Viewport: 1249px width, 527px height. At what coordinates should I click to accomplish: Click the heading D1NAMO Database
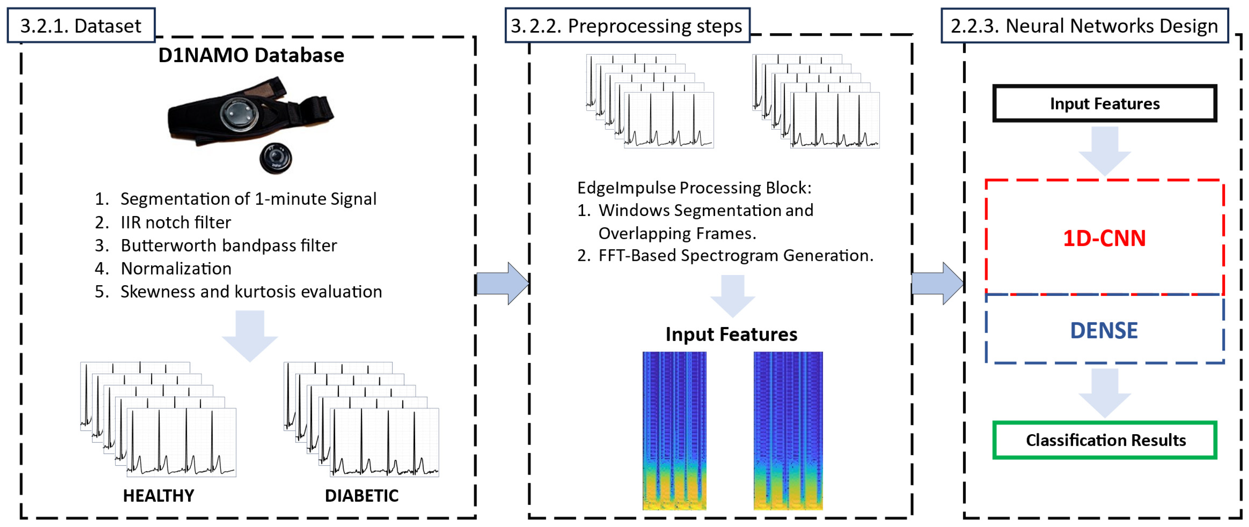tap(251, 55)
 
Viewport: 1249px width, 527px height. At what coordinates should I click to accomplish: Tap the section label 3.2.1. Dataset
tap(81, 26)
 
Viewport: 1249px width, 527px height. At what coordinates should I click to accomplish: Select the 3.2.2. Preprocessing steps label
tap(627, 26)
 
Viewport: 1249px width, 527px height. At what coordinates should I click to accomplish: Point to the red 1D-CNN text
tap(1104, 238)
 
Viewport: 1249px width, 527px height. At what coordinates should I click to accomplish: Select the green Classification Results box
tap(1104, 440)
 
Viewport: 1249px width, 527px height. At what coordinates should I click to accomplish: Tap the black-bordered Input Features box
tap(1104, 104)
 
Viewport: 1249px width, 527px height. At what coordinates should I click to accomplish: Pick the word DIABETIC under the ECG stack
tap(361, 496)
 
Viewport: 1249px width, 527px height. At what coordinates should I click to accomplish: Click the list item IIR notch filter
tap(175, 222)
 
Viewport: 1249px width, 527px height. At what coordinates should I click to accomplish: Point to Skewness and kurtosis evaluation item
tap(251, 292)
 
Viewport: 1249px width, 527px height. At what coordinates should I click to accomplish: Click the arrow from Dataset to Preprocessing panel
tap(502, 283)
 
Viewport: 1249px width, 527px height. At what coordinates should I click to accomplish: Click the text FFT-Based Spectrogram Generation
tap(735, 255)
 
